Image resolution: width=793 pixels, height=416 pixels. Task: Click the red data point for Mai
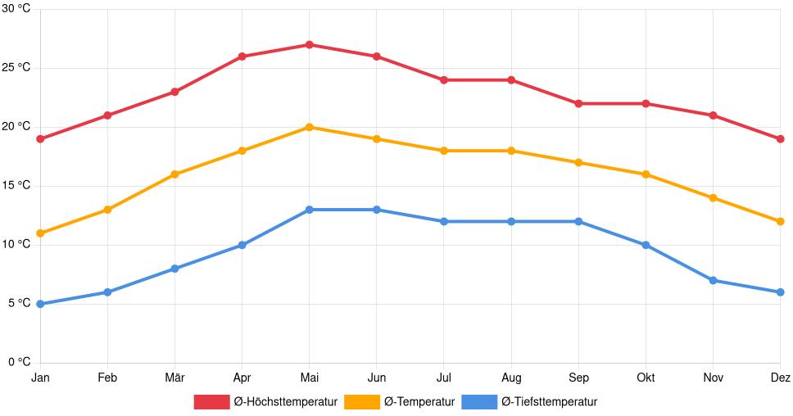pyautogui.click(x=309, y=44)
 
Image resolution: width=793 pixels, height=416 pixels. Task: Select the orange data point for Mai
pyautogui.click(x=309, y=127)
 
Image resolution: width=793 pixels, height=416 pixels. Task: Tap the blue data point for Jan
pyautogui.click(x=40, y=304)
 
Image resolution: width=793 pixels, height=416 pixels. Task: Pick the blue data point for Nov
pyautogui.click(x=713, y=280)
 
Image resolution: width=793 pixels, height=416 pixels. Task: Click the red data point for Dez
pyautogui.click(x=780, y=138)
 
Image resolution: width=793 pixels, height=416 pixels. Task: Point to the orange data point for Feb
pyautogui.click(x=107, y=210)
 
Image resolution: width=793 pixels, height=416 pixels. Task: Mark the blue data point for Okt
pyautogui.click(x=646, y=245)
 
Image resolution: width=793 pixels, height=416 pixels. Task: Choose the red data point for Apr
pyautogui.click(x=242, y=57)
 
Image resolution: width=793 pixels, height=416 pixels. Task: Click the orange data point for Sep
pyautogui.click(x=578, y=162)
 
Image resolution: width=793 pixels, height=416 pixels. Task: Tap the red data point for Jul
pyautogui.click(x=444, y=80)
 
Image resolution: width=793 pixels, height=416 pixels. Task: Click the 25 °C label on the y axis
pyautogui.click(x=16, y=68)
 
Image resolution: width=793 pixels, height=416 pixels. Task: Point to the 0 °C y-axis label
pyautogui.click(x=19, y=362)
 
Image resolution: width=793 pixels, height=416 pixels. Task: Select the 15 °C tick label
pyautogui.click(x=16, y=186)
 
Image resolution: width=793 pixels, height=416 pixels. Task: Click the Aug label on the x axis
pyautogui.click(x=511, y=378)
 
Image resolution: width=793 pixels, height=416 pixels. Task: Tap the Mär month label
pyautogui.click(x=174, y=378)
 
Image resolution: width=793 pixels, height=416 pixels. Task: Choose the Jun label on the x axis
pyautogui.click(x=376, y=378)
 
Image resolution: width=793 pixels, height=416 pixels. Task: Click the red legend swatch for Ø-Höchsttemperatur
pyautogui.click(x=211, y=401)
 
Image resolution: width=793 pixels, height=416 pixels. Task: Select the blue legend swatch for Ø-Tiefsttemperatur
pyautogui.click(x=479, y=401)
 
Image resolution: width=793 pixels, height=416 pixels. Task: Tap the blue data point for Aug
pyautogui.click(x=511, y=221)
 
